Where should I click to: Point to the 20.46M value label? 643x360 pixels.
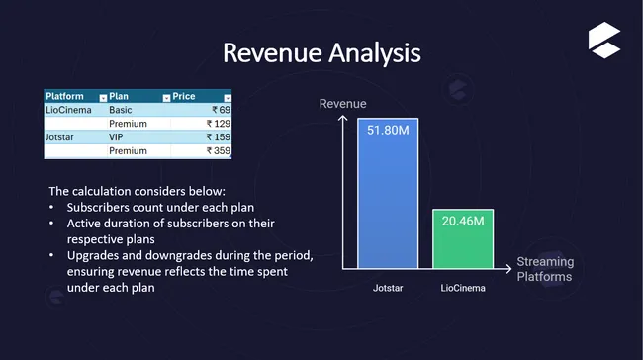463,224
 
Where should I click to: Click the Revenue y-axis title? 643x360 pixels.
342,104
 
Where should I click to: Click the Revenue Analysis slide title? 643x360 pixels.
321,51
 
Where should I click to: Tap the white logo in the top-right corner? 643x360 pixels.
602,39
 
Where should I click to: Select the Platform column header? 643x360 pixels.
65,96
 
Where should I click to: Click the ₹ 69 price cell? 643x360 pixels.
221,110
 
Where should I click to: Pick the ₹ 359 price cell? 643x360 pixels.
218,151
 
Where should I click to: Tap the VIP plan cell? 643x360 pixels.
118,137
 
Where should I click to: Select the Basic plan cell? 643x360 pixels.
121,110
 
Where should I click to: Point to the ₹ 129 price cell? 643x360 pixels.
218,124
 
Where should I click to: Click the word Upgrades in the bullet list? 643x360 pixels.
95,255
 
